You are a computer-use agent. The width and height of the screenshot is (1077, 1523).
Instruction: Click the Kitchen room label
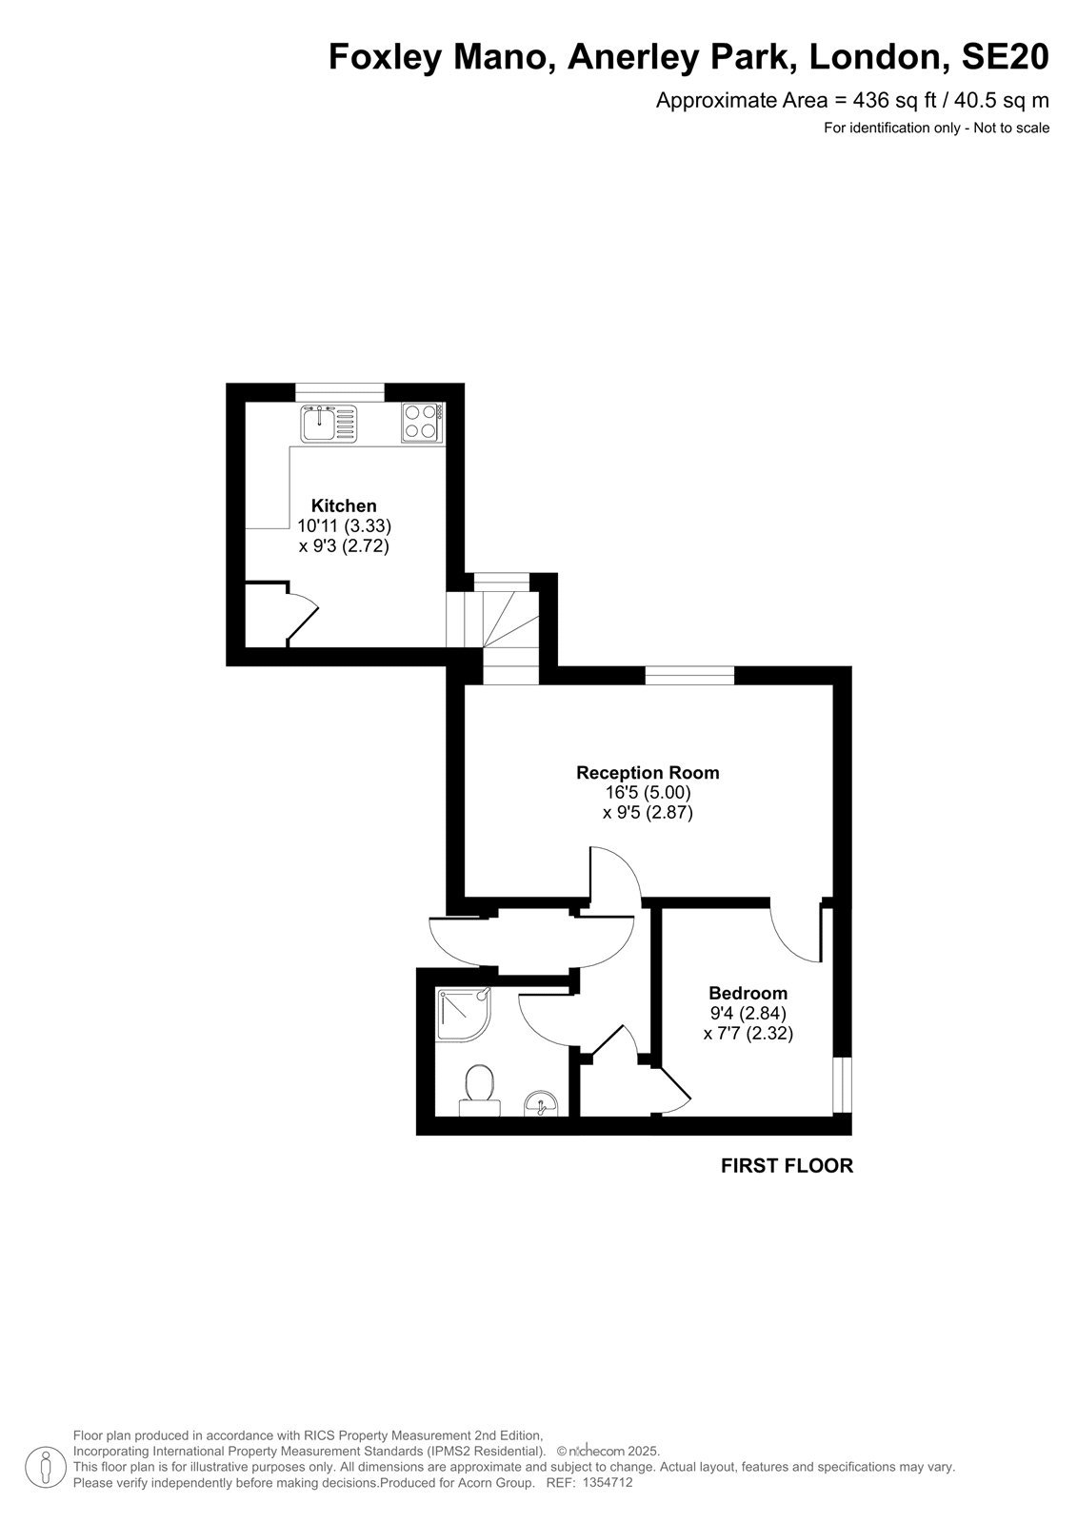(344, 505)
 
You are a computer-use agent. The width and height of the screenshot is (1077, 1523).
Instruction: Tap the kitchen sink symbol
(329, 423)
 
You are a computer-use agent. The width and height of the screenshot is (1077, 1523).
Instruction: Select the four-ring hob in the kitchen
(423, 423)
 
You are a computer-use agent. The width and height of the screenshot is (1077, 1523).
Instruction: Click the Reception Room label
(647, 772)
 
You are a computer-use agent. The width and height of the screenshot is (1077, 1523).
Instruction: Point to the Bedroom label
(748, 993)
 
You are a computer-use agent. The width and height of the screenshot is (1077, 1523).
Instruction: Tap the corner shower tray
(464, 1014)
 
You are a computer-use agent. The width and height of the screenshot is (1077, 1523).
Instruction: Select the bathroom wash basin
(541, 1103)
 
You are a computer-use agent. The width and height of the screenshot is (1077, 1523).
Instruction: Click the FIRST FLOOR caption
(787, 1165)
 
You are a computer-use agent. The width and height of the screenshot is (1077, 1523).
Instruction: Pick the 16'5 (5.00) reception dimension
(648, 792)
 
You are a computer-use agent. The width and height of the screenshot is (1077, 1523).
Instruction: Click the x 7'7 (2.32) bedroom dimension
(748, 1034)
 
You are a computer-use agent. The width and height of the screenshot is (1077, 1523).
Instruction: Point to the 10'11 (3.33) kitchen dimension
(345, 525)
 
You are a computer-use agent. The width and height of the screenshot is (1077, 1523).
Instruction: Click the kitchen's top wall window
(340, 393)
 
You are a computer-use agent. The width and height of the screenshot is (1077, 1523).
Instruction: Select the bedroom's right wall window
(843, 1085)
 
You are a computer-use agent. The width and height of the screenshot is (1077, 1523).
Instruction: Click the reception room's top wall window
(689, 675)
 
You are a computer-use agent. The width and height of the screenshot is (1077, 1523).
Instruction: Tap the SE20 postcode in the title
(1005, 57)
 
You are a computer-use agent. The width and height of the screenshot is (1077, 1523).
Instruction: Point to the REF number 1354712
(608, 1482)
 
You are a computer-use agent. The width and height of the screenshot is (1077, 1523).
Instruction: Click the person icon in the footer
(46, 1470)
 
